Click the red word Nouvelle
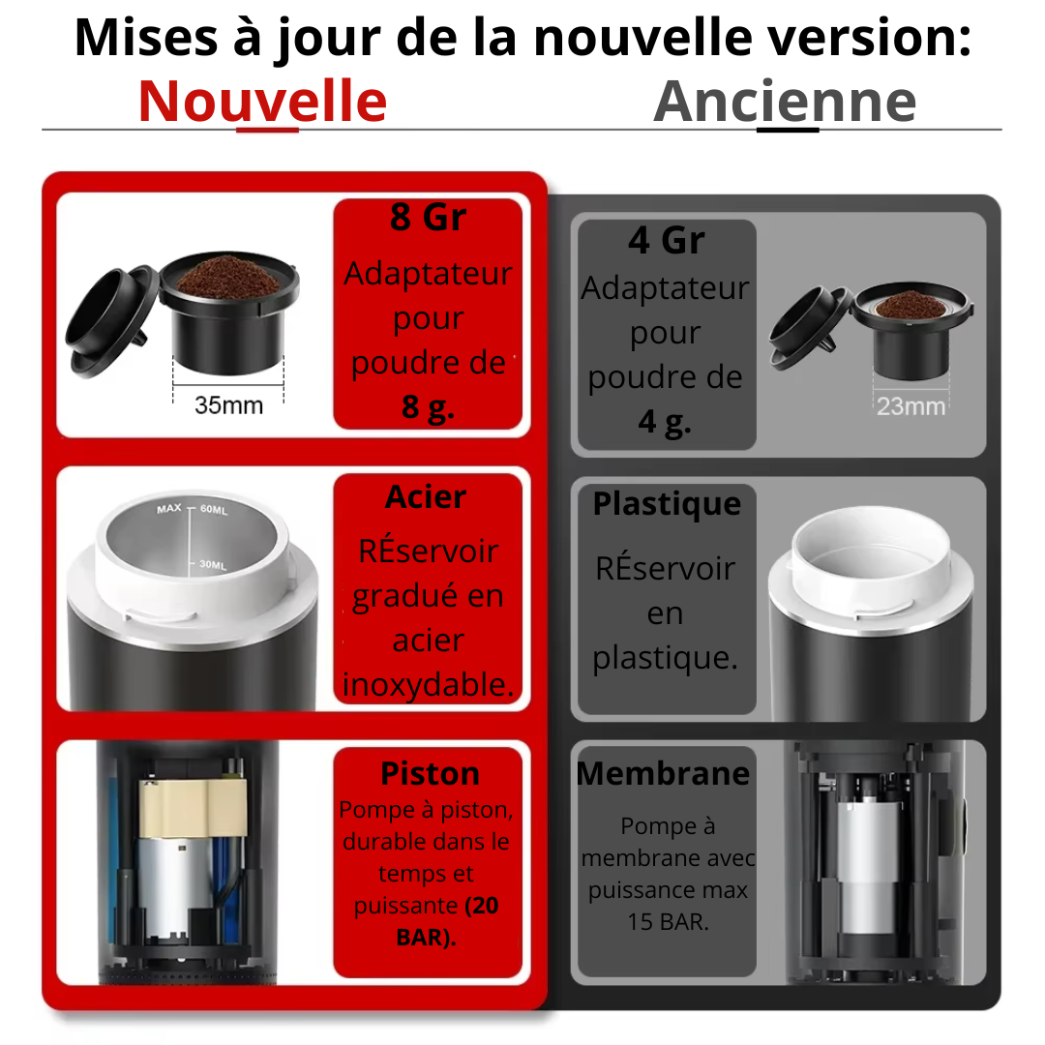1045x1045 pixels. [262, 102]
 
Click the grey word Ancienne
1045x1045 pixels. [785, 102]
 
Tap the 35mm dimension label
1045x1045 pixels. [228, 405]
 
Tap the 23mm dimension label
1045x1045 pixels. [911, 405]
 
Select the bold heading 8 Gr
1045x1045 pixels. [428, 217]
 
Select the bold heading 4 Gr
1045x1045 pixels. [667, 240]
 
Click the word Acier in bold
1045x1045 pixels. [426, 496]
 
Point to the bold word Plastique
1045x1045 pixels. [667, 504]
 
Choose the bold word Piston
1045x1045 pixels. [430, 774]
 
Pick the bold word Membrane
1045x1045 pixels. [663, 774]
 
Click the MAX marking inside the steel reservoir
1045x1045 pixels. [169, 509]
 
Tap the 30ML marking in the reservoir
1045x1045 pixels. [213, 564]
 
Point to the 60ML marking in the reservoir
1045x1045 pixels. [214, 510]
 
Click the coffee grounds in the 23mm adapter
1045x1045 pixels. [910, 305]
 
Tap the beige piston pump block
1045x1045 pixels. [194, 808]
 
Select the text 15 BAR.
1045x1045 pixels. [668, 922]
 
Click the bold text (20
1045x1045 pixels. [481, 906]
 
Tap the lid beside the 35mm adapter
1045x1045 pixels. [112, 321]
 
